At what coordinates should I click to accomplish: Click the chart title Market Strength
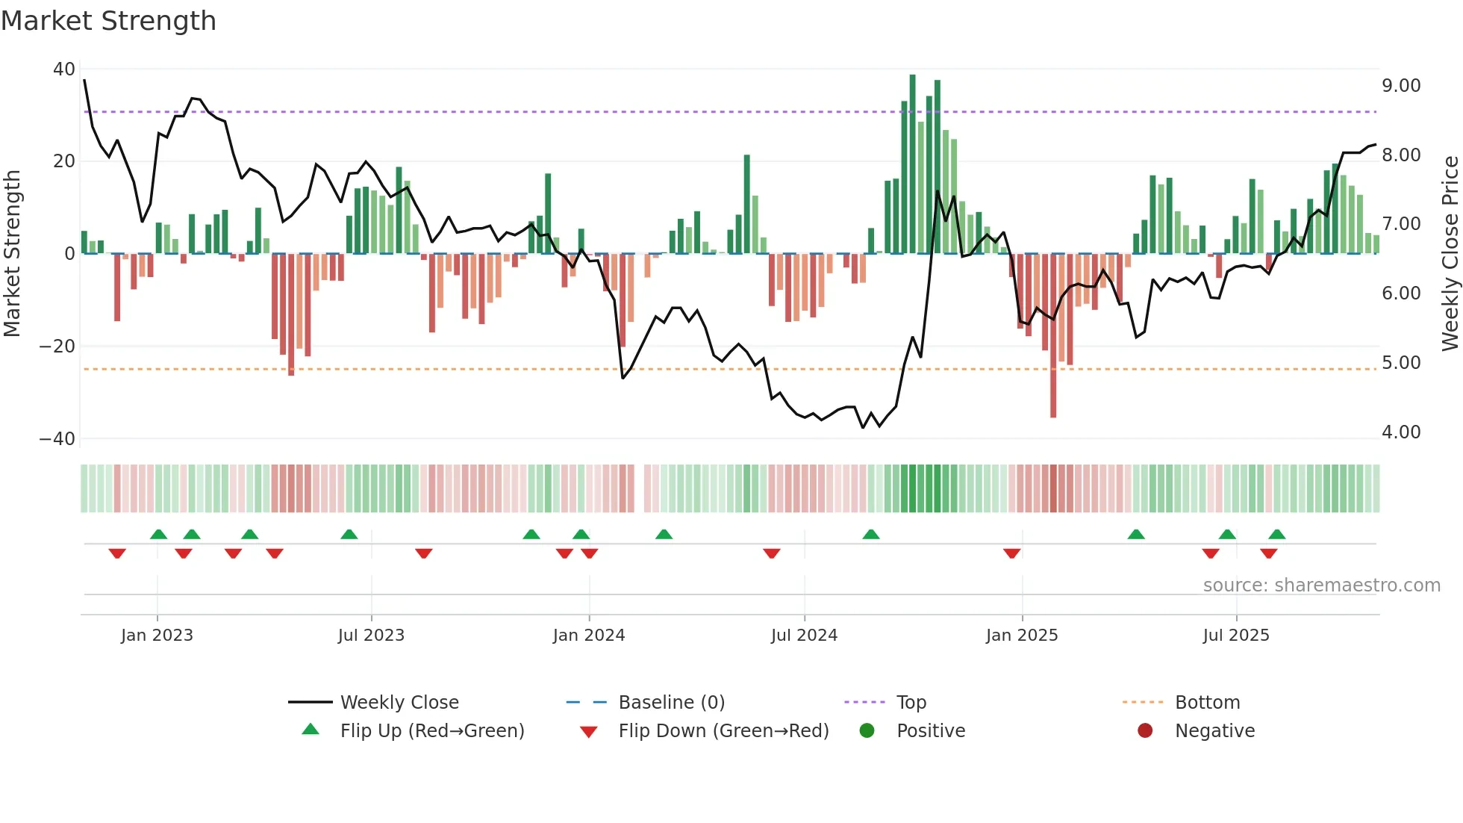point(108,21)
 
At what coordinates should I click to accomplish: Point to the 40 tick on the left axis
point(64,69)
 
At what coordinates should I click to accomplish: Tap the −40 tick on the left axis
point(58,439)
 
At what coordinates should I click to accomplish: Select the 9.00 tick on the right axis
point(1401,86)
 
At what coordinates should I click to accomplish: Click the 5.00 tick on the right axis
point(1401,363)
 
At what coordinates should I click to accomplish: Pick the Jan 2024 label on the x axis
point(588,636)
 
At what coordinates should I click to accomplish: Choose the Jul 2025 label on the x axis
point(1235,636)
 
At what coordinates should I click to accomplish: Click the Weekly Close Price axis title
point(1450,254)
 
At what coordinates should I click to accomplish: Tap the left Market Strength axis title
point(12,254)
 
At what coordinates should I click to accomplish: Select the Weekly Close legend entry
point(399,703)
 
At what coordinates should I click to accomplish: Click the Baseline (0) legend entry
point(671,703)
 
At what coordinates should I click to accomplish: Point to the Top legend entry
point(911,703)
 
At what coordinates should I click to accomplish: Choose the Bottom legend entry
point(1207,703)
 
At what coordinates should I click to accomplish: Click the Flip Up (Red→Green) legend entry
point(432,731)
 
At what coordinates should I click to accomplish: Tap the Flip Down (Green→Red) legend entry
point(723,731)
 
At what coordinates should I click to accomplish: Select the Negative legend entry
point(1214,731)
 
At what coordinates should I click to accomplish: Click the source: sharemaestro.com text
point(1321,586)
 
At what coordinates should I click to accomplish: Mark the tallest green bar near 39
point(912,164)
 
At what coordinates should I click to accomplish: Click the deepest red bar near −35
point(1053,336)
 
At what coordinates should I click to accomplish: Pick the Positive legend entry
point(930,731)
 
